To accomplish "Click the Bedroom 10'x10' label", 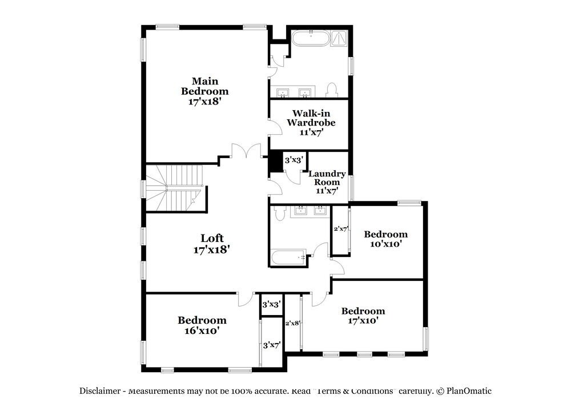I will pos(386,239).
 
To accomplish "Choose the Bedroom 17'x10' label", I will pos(363,316).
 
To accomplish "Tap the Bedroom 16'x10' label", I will pos(202,325).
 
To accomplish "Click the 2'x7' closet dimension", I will pos(340,229).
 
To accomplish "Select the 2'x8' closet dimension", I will pos(292,323).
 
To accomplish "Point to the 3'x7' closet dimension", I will pos(272,345).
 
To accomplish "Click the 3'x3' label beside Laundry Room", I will pos(294,160).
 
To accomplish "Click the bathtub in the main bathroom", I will pos(311,39).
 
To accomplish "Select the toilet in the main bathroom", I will pos(331,90).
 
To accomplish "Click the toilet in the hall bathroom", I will pos(279,213).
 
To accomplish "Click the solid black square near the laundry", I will pos(275,160).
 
